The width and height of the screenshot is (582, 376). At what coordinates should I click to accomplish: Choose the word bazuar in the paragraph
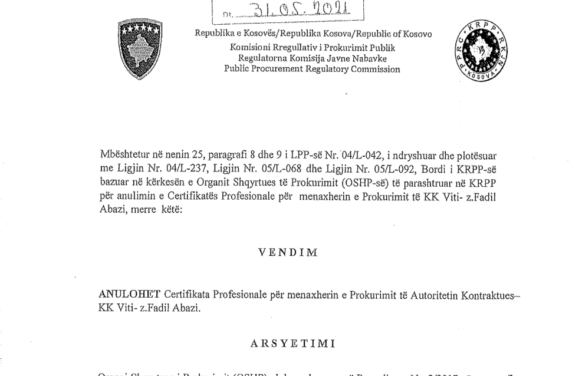(x=116, y=183)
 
